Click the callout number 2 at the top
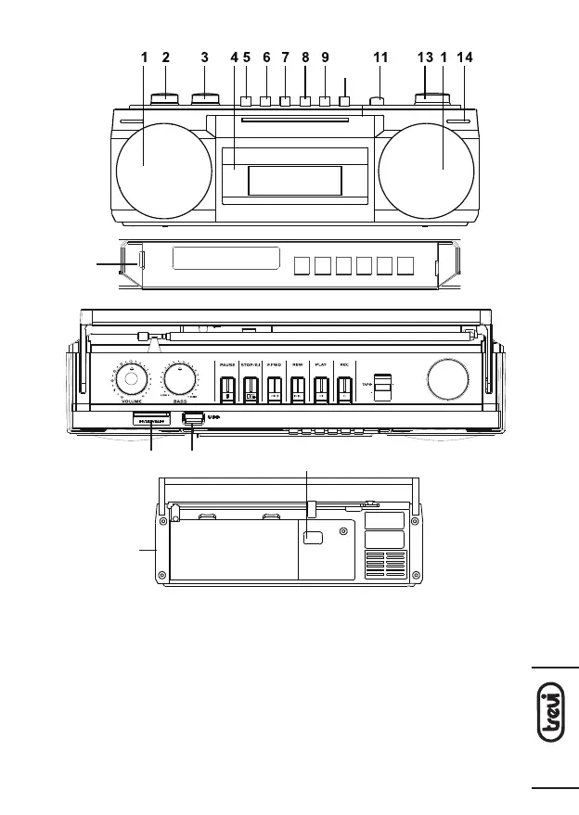tap(165, 57)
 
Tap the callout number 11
tap(380, 57)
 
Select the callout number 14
tap(465, 57)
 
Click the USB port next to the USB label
tap(192, 418)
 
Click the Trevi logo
tap(554, 727)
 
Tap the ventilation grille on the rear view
tap(384, 564)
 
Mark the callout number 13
tap(425, 57)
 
